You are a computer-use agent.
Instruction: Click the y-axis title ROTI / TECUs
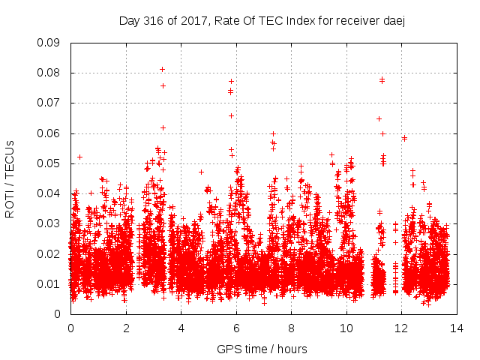[x=10, y=179]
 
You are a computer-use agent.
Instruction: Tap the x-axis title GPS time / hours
[x=262, y=349]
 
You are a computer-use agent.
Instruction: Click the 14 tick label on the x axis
[x=456, y=328]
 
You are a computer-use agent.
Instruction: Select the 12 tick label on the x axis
[x=401, y=328]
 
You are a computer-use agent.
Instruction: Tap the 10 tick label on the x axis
[x=346, y=328]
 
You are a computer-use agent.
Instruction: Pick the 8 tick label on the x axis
[x=291, y=328]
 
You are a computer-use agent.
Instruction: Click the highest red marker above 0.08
[x=162, y=70]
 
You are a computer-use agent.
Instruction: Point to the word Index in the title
[x=299, y=21]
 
